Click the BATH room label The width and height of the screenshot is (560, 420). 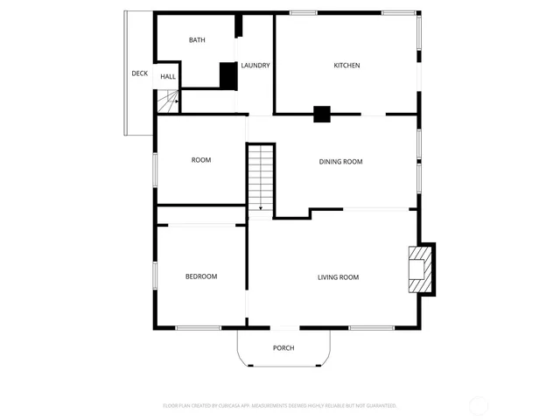tap(197, 40)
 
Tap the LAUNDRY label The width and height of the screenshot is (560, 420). tap(255, 66)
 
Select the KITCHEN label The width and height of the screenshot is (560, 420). tap(346, 66)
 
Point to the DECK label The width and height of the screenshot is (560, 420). tap(139, 73)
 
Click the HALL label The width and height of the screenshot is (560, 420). tap(168, 77)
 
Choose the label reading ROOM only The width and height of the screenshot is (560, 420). tap(201, 160)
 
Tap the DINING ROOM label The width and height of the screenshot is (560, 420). tap(340, 161)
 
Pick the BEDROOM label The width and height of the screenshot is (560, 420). tap(200, 276)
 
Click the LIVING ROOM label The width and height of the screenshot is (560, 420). tap(338, 277)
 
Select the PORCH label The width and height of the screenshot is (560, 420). tap(283, 348)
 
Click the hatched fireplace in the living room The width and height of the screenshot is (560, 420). tap(419, 269)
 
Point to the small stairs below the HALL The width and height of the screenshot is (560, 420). tap(168, 101)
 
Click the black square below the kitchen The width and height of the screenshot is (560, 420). tap(322, 114)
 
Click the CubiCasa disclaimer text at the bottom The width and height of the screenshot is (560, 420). tap(280, 406)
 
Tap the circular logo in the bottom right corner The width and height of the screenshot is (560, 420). tap(479, 406)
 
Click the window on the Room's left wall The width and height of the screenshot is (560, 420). tap(156, 168)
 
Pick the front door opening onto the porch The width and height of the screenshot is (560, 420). tap(285, 328)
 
